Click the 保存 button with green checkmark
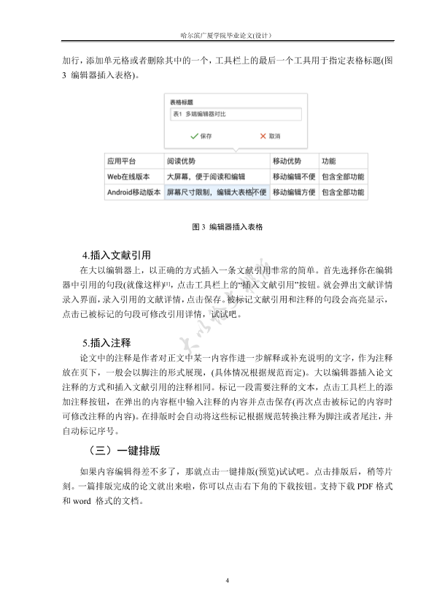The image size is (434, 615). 201,137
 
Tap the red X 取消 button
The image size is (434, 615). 270,137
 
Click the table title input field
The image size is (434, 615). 236,115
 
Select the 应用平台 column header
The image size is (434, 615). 122,161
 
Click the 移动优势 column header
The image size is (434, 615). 287,161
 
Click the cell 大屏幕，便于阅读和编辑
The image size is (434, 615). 206,177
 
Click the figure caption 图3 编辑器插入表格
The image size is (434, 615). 227,227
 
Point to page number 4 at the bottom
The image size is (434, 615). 228,581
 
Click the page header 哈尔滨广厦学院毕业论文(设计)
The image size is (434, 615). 228,34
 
